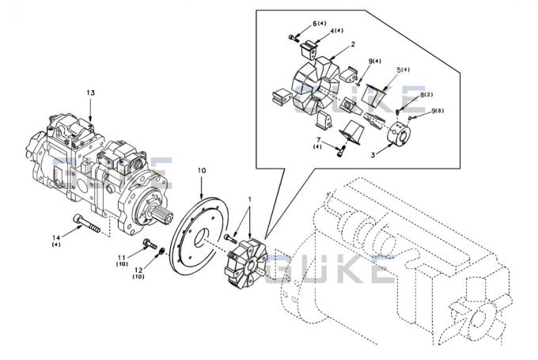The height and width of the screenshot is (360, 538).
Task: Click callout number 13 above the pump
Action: (x=91, y=93)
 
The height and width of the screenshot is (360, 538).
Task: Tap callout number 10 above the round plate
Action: (x=202, y=170)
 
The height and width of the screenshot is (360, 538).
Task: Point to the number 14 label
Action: (x=56, y=237)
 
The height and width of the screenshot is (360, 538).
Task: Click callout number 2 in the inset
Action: (x=352, y=45)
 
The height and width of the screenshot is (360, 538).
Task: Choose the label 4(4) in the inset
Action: (x=336, y=31)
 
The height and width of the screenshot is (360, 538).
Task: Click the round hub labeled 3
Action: (x=400, y=135)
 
